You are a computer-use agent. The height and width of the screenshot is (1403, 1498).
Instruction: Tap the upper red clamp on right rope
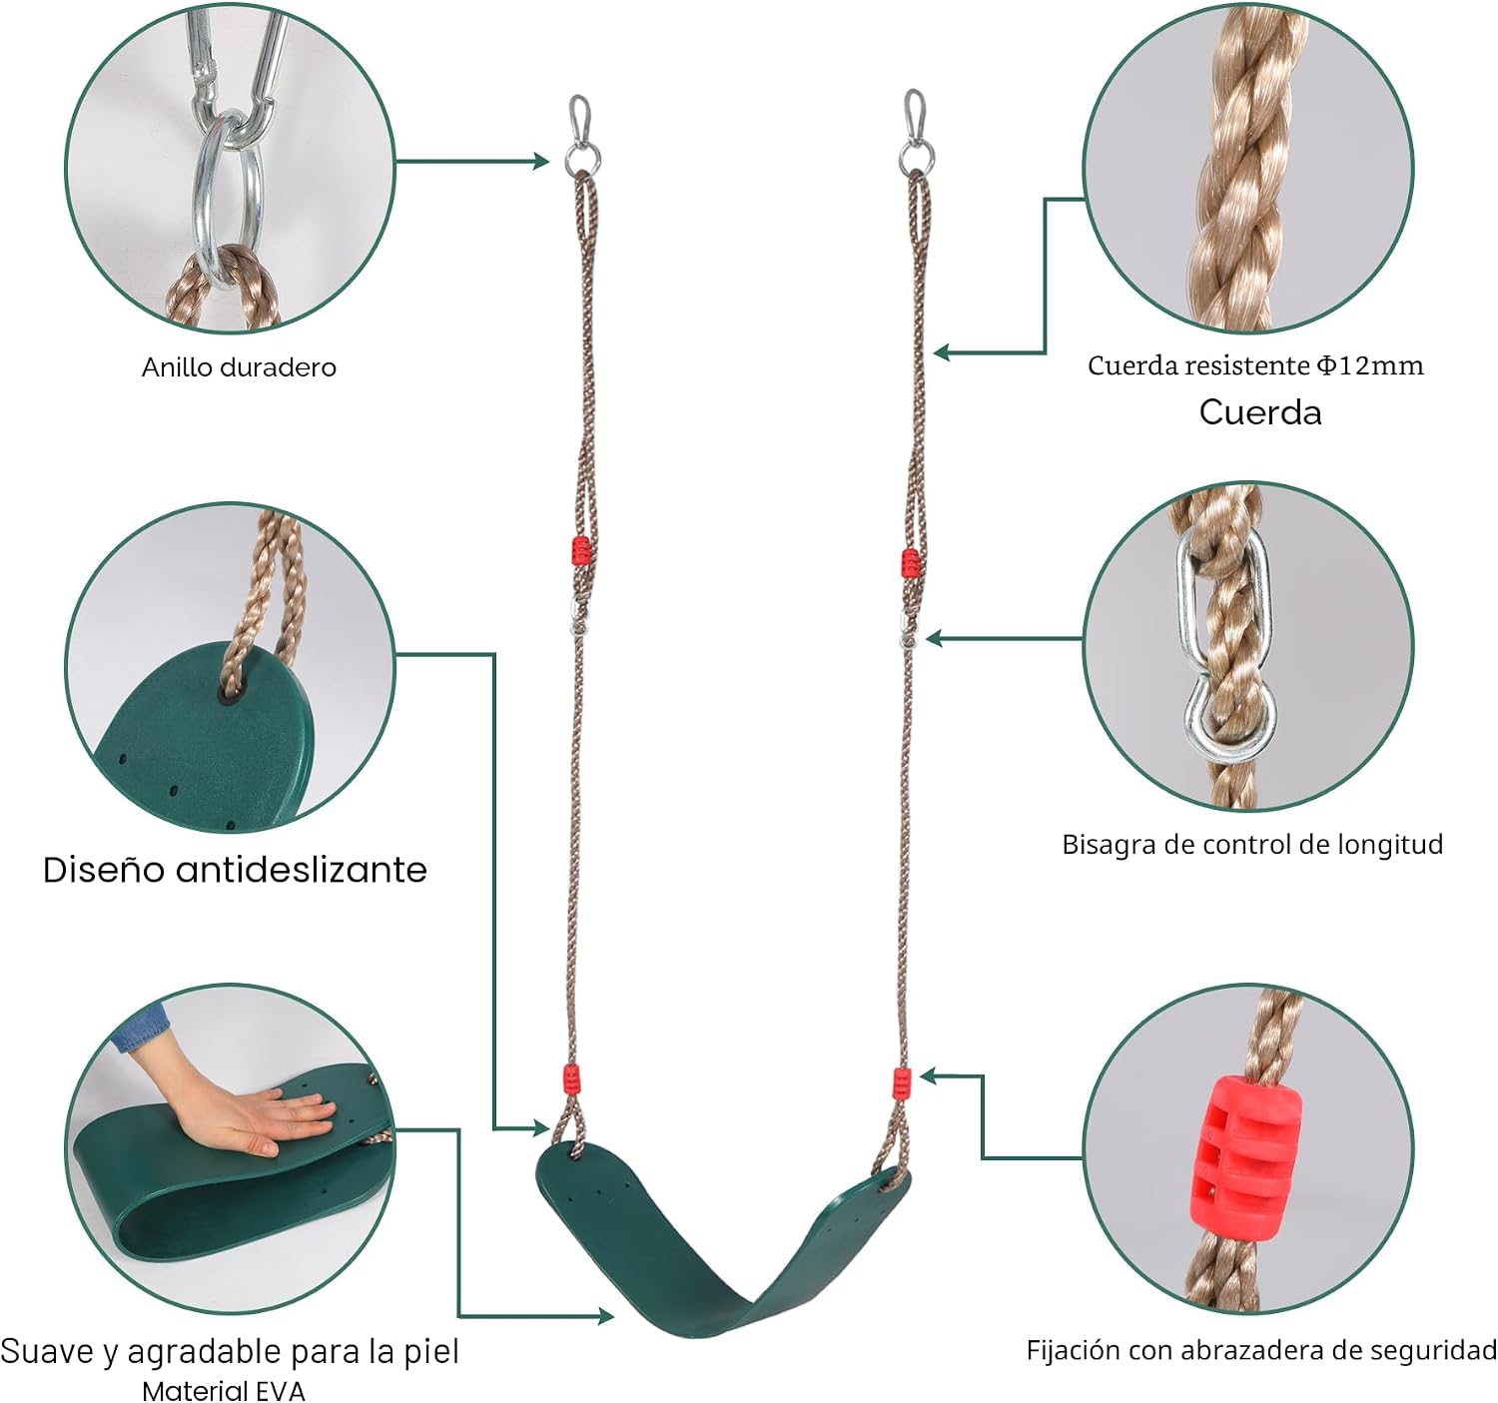(x=911, y=563)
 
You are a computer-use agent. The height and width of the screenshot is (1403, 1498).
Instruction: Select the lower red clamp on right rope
(x=902, y=1083)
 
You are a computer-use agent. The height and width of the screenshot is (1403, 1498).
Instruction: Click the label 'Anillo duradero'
(x=239, y=367)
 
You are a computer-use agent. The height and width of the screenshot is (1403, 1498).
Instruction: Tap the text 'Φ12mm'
(x=1370, y=365)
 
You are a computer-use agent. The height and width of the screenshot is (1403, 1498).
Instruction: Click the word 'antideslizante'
(x=301, y=870)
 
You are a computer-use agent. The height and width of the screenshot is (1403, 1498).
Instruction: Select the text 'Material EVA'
(x=224, y=1391)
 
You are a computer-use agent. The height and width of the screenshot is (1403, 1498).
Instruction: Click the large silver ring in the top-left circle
(x=228, y=200)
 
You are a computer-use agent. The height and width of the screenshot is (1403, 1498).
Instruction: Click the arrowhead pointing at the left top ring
(x=541, y=161)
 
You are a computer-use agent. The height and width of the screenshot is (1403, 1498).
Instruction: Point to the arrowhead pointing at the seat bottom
(x=605, y=1316)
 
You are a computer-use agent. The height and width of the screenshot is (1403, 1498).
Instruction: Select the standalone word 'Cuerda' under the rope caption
(x=1260, y=412)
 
